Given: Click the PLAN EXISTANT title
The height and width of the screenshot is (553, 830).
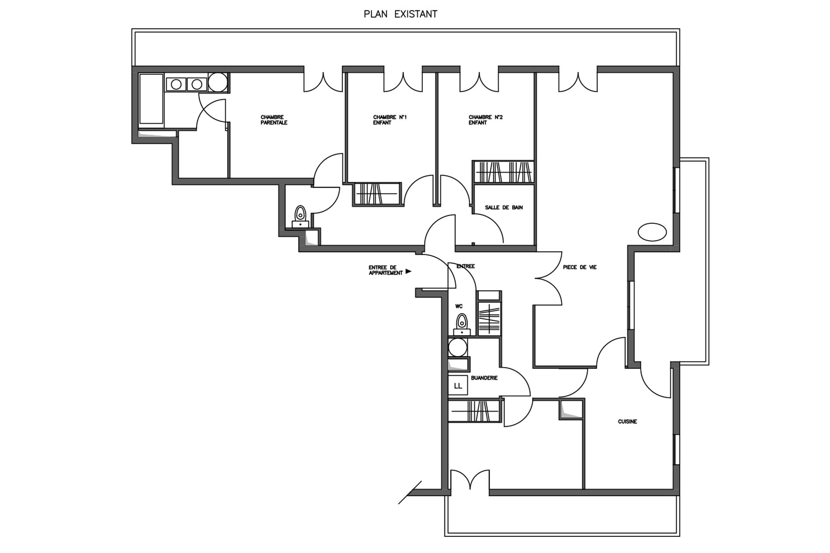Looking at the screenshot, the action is pos(400,14).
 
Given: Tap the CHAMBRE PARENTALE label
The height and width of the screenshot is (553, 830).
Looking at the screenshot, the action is pos(274,120).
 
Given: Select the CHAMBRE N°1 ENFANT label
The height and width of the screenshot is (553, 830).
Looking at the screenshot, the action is pos(390,120).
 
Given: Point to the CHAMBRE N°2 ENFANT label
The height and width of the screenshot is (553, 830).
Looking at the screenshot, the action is pos(485,120).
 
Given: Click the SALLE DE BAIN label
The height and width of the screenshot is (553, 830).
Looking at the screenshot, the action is pos(504,207).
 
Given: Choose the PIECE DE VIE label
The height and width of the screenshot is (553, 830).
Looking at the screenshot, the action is pos(580,267).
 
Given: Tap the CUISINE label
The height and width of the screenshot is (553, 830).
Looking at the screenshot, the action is pos(627,422).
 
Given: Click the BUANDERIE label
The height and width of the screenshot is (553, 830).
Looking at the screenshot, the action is pos(484,378).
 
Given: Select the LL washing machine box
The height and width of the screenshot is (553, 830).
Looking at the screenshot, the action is pos(458,386).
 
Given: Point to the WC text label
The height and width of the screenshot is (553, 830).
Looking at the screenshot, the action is pos(459,306).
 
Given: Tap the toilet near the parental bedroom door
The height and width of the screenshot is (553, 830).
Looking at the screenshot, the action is pos(300,216).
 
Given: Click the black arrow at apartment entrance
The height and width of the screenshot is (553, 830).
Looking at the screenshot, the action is pos(408,271).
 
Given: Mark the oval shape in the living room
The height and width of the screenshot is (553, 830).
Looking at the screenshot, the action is pos(652,232).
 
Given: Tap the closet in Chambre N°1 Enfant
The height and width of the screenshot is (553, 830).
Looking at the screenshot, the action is pos(377,194).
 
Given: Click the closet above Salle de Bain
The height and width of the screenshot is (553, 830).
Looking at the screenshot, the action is pos(503,172).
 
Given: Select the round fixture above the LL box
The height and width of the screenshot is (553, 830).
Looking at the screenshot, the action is pos(458,347).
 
